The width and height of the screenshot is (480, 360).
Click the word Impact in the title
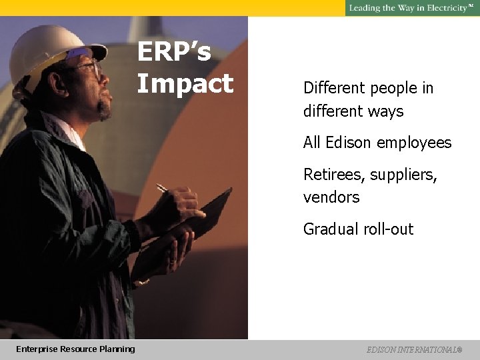[185, 84]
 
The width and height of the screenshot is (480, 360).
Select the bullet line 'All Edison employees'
[377, 143]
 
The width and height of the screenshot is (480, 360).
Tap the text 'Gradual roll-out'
[358, 229]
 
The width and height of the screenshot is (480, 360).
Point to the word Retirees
[331, 175]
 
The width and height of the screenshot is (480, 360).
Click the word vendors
[331, 197]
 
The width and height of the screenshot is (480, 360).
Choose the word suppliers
[405, 175]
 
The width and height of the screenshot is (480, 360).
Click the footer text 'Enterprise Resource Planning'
[75, 349]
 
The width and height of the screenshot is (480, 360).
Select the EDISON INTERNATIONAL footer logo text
[413, 349]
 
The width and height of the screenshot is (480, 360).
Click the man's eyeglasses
[90, 67]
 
